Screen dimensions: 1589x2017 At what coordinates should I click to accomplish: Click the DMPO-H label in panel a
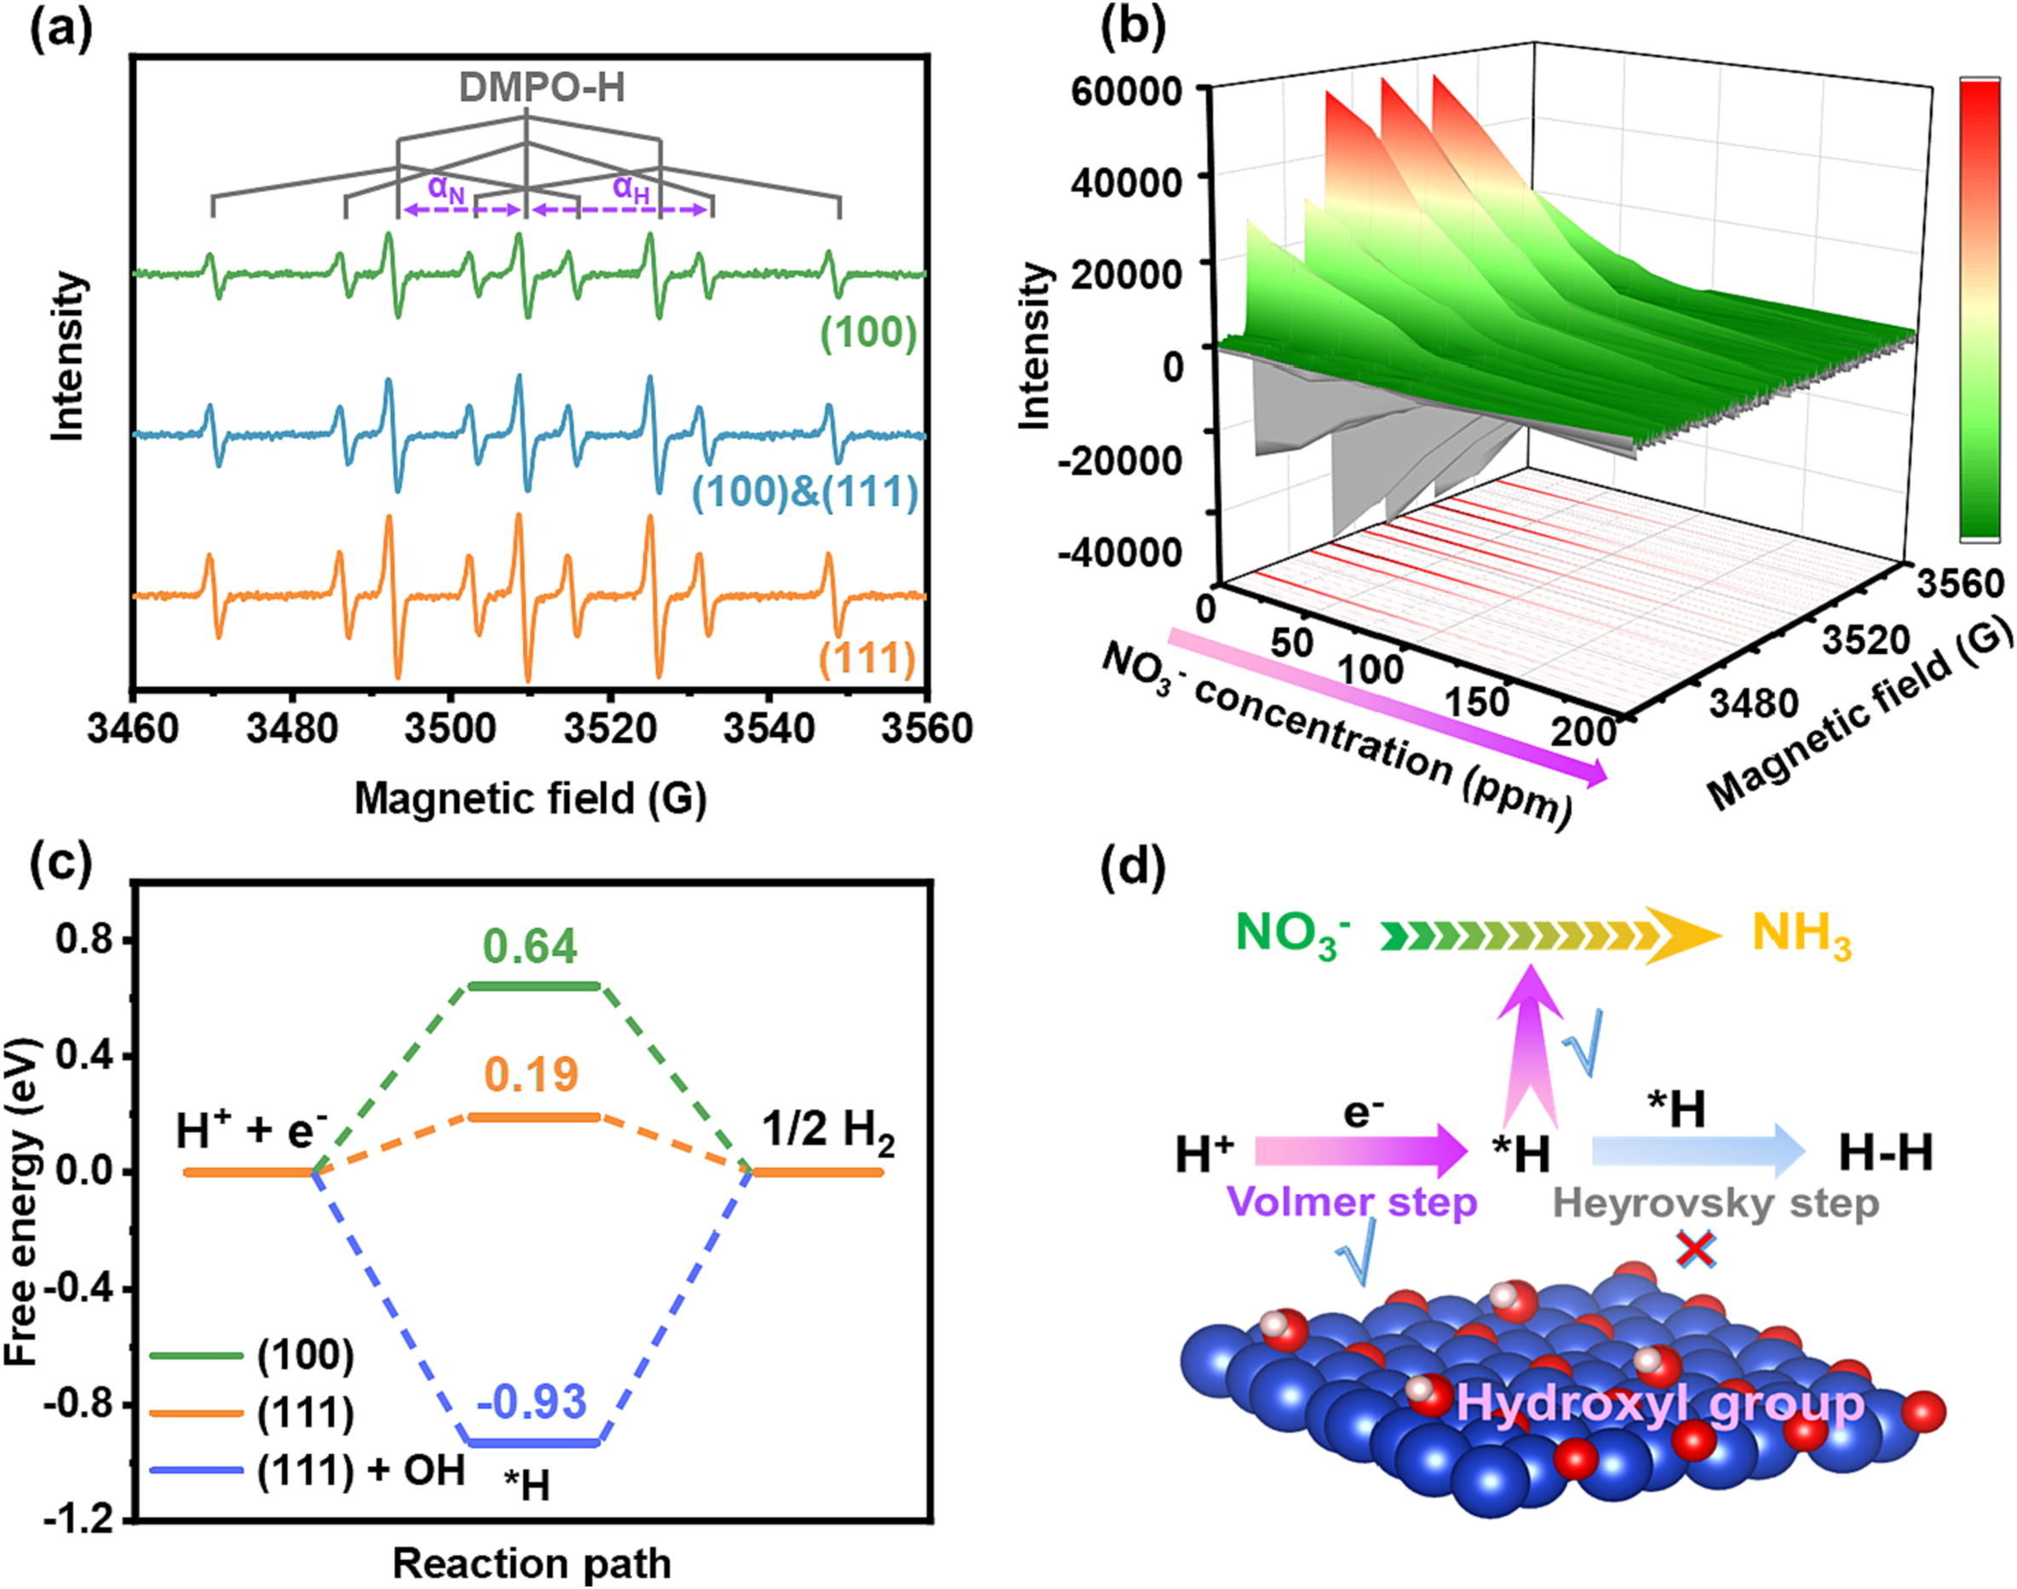(x=542, y=89)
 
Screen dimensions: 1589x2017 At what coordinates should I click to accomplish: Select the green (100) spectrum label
(x=868, y=333)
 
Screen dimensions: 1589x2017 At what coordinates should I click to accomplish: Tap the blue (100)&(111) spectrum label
(x=806, y=493)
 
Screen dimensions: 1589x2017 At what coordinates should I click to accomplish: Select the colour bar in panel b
(x=1978, y=309)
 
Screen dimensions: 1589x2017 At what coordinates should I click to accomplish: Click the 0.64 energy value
(x=531, y=946)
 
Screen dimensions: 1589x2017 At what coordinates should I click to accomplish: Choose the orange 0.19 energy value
(x=532, y=1076)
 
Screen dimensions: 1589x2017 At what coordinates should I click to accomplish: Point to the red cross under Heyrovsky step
(x=1696, y=1250)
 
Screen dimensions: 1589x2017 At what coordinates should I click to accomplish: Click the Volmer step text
(x=1352, y=1203)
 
